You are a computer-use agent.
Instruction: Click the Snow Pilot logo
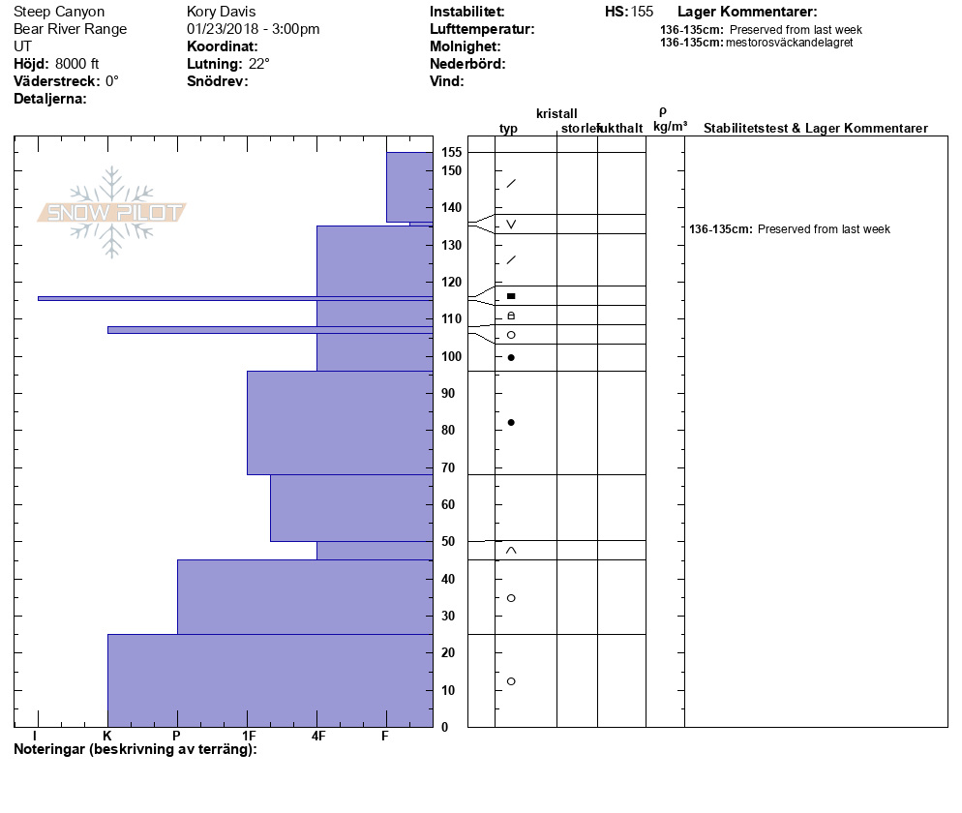pos(112,212)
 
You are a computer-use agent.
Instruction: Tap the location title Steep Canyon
pos(59,12)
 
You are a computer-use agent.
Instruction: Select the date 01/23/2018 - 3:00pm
pos(254,29)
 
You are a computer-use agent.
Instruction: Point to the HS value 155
pos(642,12)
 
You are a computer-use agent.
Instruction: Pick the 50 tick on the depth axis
pos(448,541)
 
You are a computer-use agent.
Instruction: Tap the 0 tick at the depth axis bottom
pos(444,727)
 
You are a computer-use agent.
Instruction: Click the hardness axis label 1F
pos(248,737)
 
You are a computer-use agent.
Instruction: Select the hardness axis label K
pos(107,737)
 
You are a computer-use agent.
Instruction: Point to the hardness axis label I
pos(36,737)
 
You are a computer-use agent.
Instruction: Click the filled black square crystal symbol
pos(511,295)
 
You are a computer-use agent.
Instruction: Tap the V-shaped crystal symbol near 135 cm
pos(511,225)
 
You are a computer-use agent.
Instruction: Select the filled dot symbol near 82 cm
pos(511,422)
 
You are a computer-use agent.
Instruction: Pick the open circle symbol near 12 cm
pos(511,681)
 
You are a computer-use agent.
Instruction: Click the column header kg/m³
pos(670,127)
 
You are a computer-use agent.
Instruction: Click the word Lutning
pos(213,64)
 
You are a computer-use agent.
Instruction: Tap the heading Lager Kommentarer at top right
pos(747,12)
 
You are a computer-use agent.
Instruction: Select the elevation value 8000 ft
pos(77,64)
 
